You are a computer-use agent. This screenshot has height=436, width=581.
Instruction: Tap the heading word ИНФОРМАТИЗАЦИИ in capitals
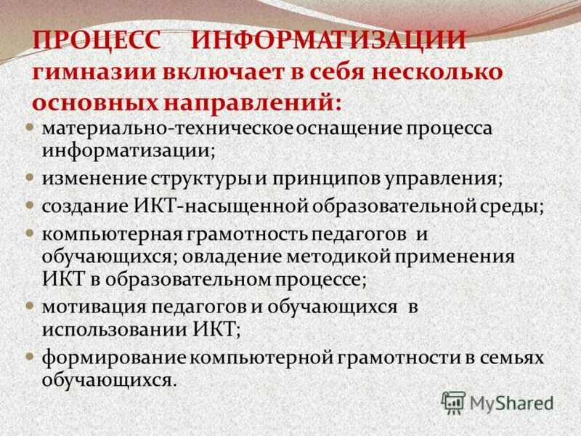click(329, 41)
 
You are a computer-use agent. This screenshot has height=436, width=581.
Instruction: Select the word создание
click(79, 205)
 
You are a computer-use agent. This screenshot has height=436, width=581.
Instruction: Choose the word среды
click(514, 205)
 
